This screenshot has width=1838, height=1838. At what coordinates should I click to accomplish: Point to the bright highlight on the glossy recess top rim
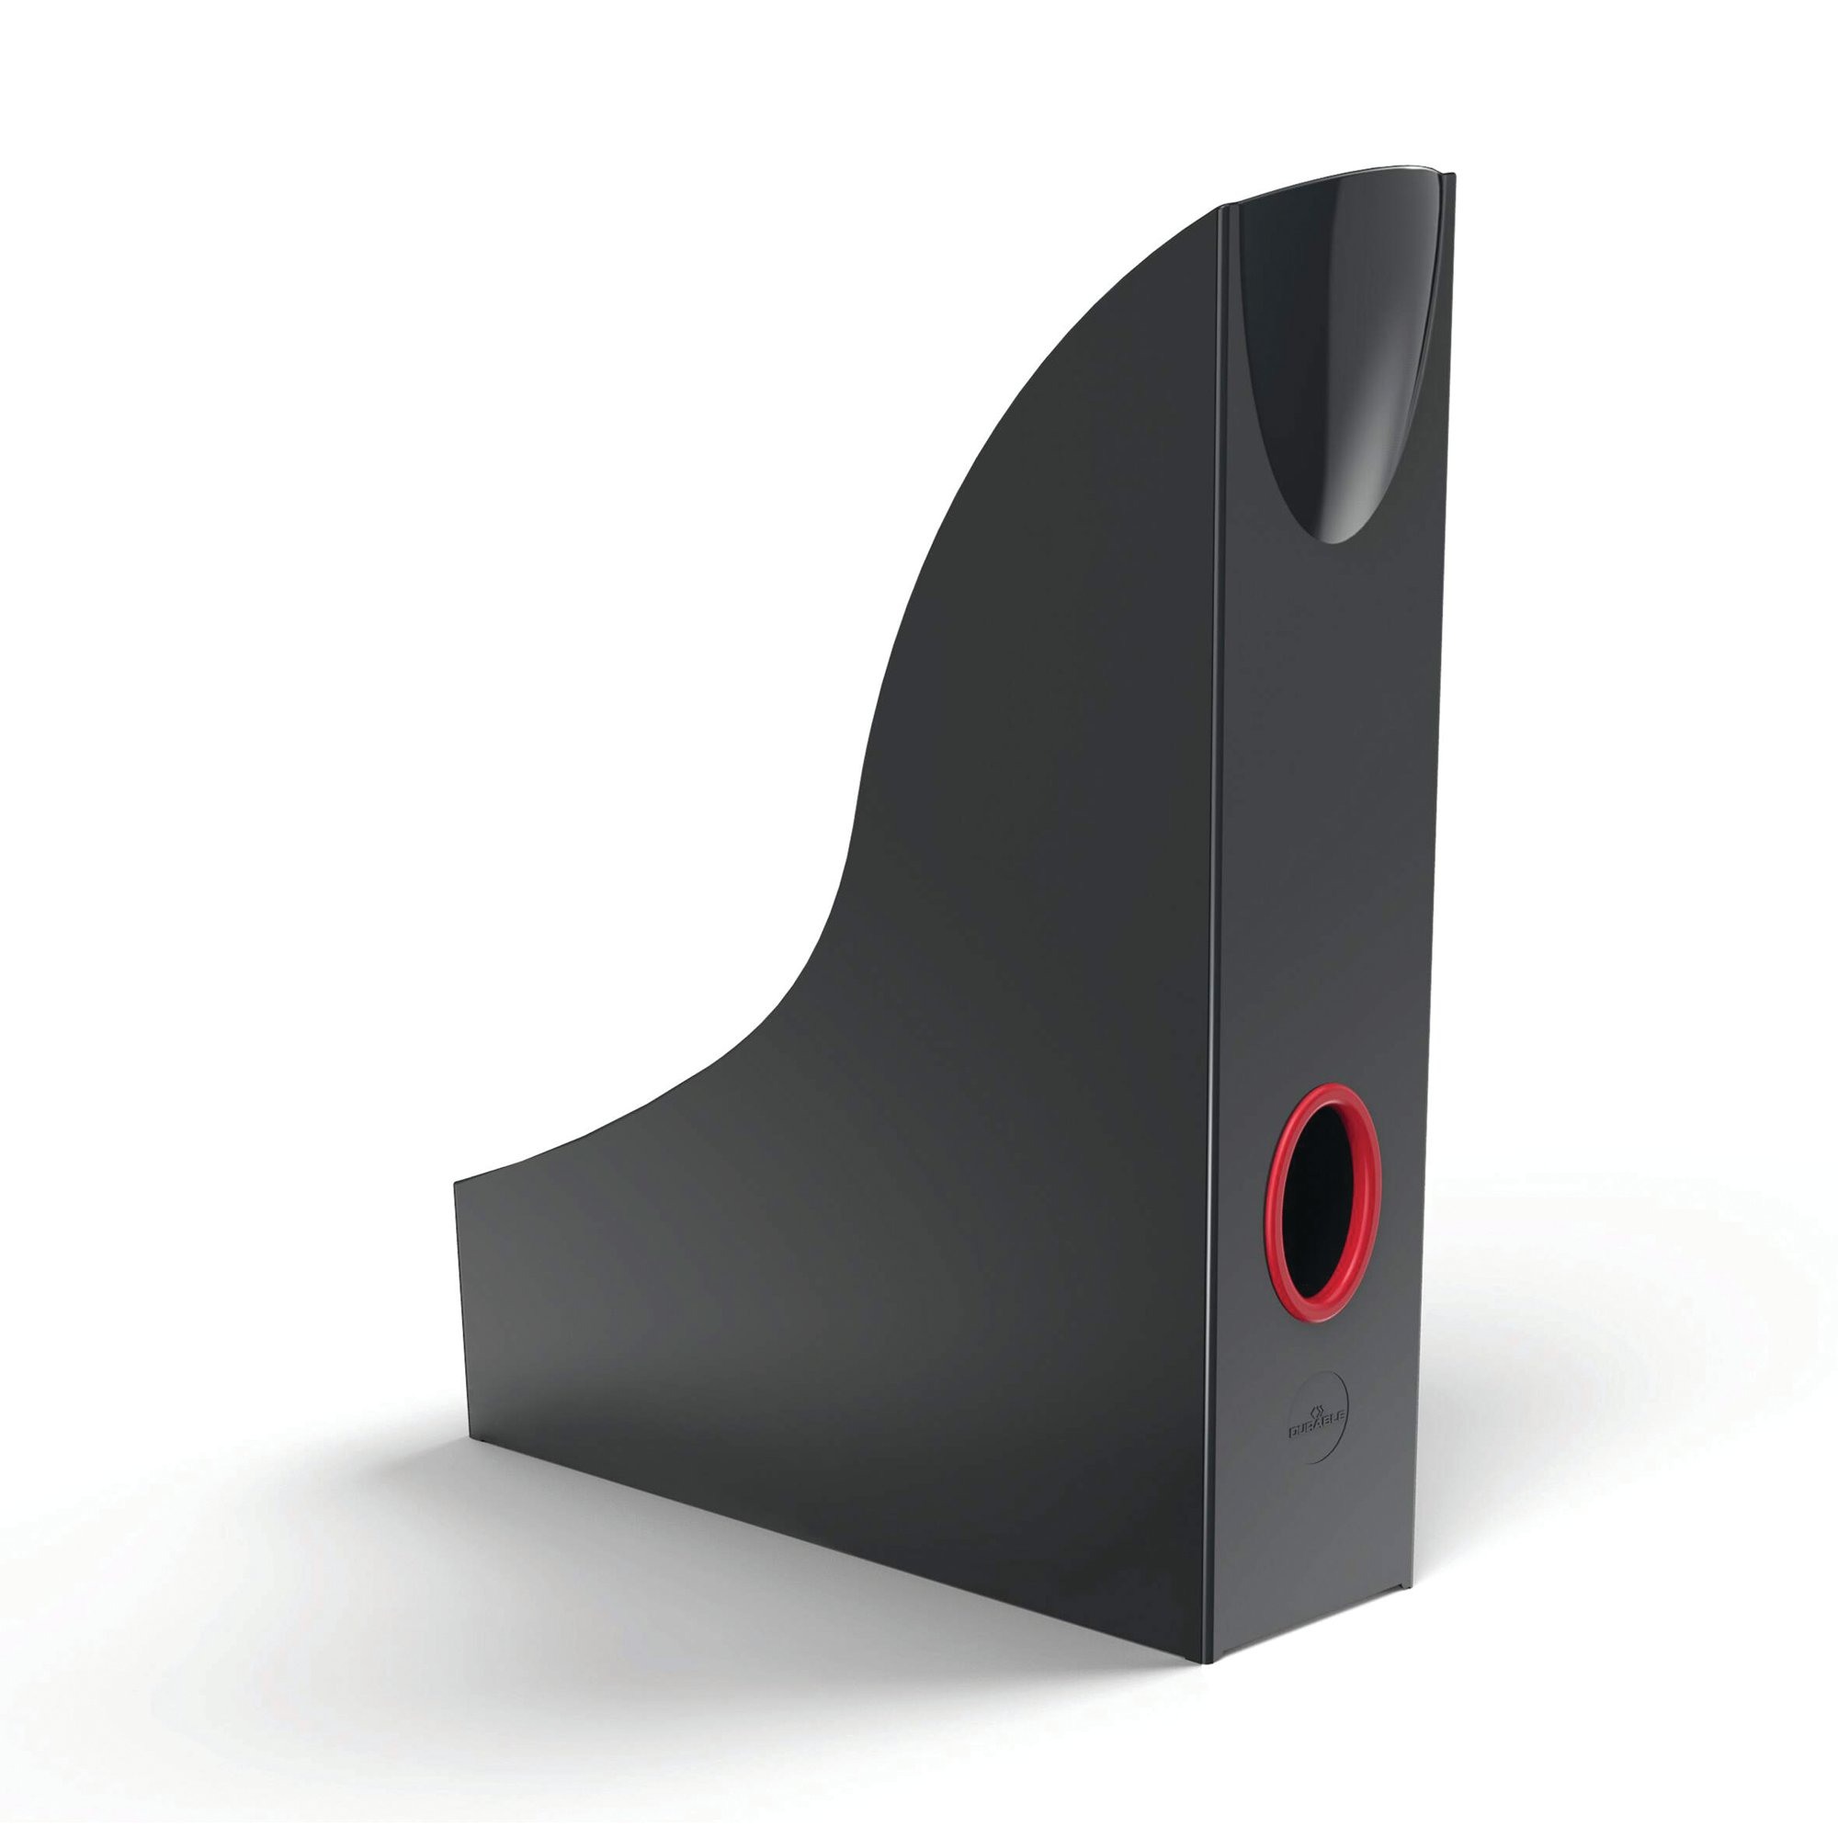click(x=1342, y=179)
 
